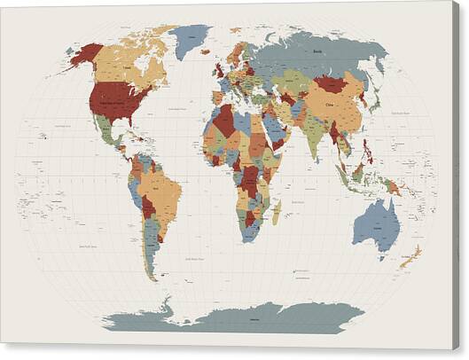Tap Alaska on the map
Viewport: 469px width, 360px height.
tap(87, 54)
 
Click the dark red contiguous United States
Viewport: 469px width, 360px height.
tap(118, 99)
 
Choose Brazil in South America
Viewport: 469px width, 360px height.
tap(165, 190)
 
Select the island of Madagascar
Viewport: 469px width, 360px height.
tap(277, 211)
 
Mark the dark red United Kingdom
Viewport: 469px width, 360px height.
tap(218, 70)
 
